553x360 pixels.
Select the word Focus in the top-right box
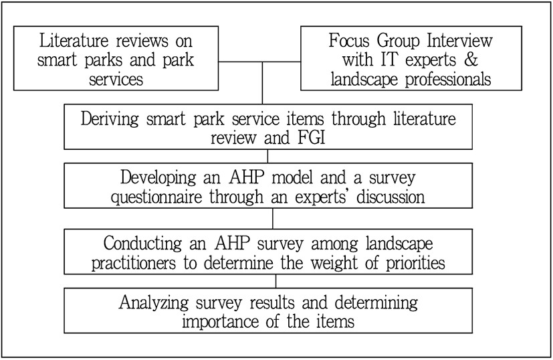pos(350,41)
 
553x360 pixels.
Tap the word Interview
pos(459,41)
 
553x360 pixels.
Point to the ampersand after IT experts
pos(471,60)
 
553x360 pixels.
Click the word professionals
pos(448,79)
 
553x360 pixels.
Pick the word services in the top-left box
pos(116,79)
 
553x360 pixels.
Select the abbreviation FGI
pos(312,138)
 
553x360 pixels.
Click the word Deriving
pos(110,118)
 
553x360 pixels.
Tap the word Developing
pos(158,177)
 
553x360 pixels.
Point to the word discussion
pos(391,197)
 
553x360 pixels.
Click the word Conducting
pos(142,244)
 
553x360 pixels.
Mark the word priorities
pos(415,263)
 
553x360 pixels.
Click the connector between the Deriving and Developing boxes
pos(267,156)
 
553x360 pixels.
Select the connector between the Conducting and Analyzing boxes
pos(275,281)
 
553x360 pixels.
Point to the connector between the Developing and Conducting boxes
pos(273,218)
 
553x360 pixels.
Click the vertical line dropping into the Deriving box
pos(262,83)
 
